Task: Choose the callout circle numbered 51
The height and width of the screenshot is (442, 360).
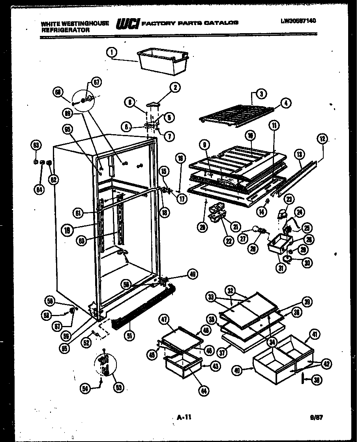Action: pos(130,336)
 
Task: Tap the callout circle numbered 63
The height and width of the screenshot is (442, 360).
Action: pos(36,145)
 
